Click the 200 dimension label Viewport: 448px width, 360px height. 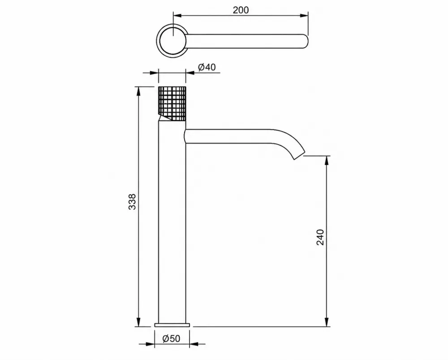coord(241,10)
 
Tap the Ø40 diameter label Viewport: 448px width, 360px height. coord(207,67)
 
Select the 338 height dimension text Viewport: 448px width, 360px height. coord(132,202)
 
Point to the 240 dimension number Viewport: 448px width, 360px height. coord(321,237)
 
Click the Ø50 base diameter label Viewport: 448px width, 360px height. coord(172,338)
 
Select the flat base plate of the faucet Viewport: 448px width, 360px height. coord(172,325)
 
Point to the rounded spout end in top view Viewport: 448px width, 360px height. coord(305,41)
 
